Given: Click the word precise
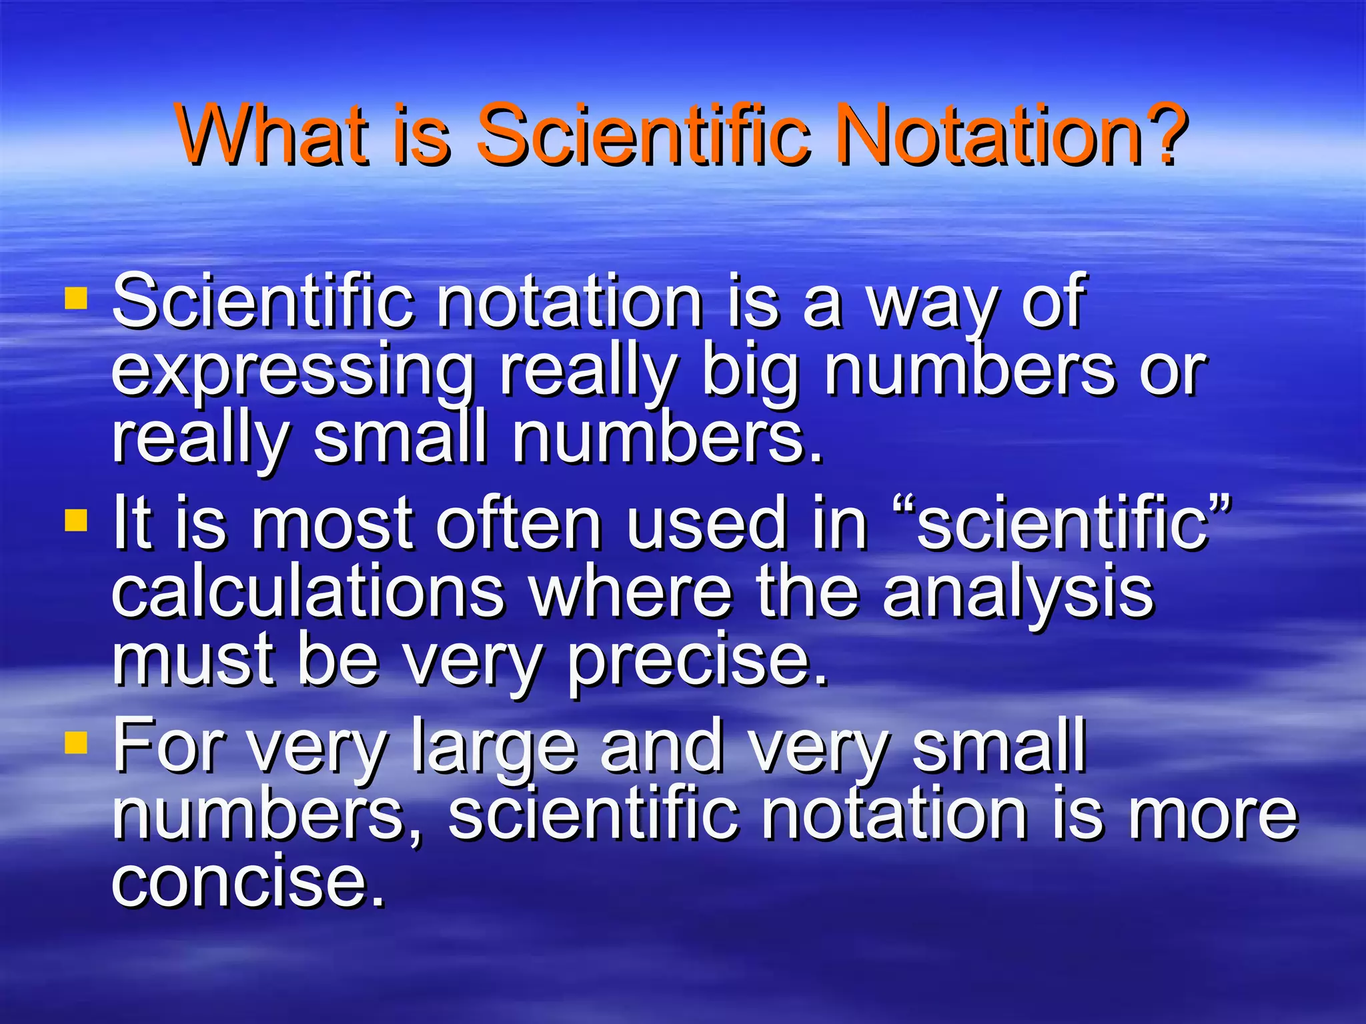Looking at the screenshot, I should [698, 661].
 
